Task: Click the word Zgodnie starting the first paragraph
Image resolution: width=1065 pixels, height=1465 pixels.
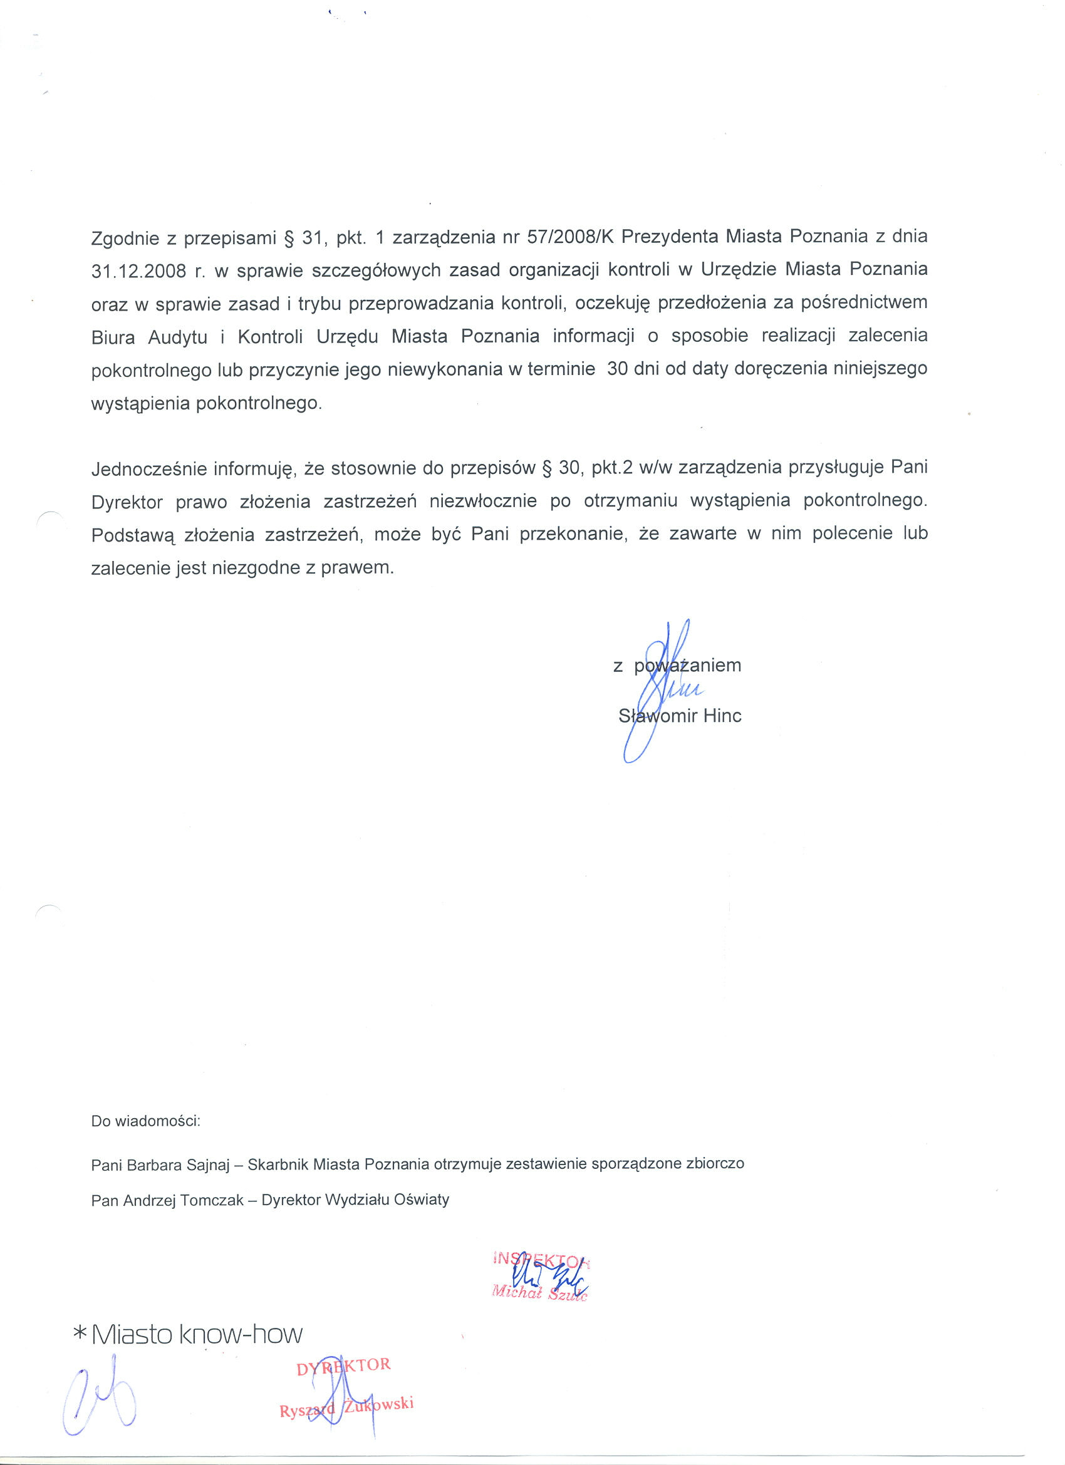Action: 125,239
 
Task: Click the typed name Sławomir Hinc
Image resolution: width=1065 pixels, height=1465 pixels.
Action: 680,716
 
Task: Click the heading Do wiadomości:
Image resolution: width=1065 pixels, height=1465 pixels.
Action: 146,1121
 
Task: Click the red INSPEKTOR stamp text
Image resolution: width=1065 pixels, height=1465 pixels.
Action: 541,1259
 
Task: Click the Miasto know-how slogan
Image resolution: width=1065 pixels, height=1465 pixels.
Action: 197,1334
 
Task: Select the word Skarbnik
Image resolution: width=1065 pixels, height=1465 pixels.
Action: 278,1164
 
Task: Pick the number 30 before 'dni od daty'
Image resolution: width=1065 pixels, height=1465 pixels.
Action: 617,369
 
